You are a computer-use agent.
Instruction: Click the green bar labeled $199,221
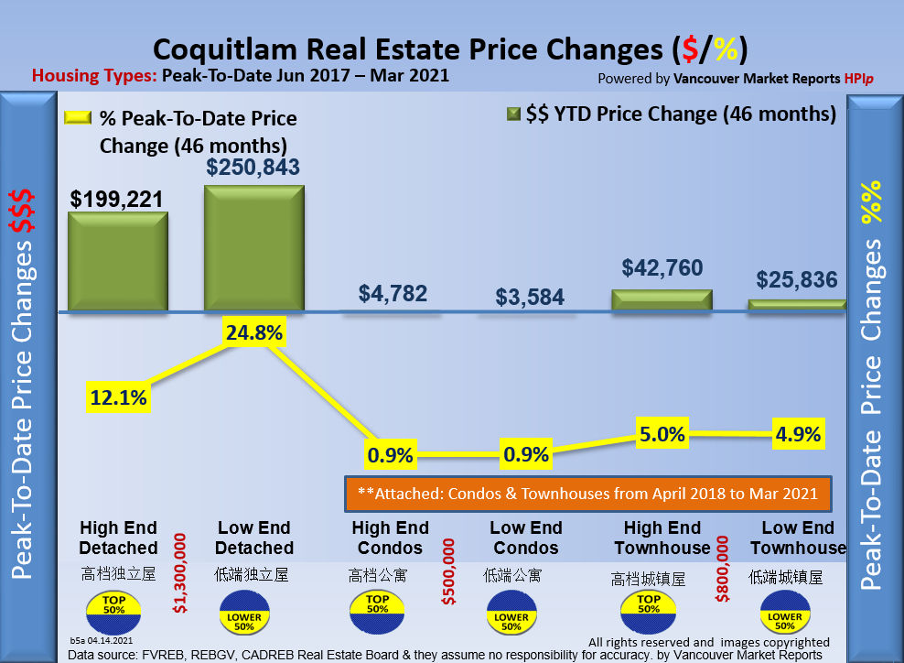tap(118, 262)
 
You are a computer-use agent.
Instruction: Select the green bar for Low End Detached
tap(253, 248)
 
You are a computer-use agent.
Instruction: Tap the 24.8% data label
tap(253, 332)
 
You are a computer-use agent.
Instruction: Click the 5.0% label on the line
tap(662, 434)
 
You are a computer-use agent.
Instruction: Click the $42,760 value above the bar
tap(662, 268)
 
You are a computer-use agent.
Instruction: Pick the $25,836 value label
tap(798, 279)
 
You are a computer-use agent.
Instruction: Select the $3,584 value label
tap(530, 297)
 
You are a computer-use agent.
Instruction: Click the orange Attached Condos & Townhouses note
tap(587, 494)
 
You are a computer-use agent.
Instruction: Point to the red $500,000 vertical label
tap(448, 571)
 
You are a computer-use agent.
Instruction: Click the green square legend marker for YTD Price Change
tap(513, 114)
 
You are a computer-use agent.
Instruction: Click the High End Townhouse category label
tap(662, 538)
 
